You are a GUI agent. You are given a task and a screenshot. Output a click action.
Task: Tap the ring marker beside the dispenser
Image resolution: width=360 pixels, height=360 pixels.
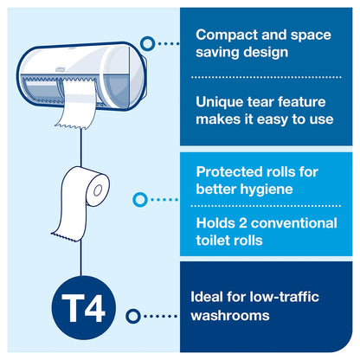(148, 42)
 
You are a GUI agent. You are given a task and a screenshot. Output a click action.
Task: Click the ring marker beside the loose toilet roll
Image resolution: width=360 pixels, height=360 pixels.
(139, 200)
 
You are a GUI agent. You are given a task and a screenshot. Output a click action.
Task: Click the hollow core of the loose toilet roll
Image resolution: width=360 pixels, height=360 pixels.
(101, 185)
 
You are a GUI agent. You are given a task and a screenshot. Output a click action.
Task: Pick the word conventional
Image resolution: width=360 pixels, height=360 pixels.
(296, 222)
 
